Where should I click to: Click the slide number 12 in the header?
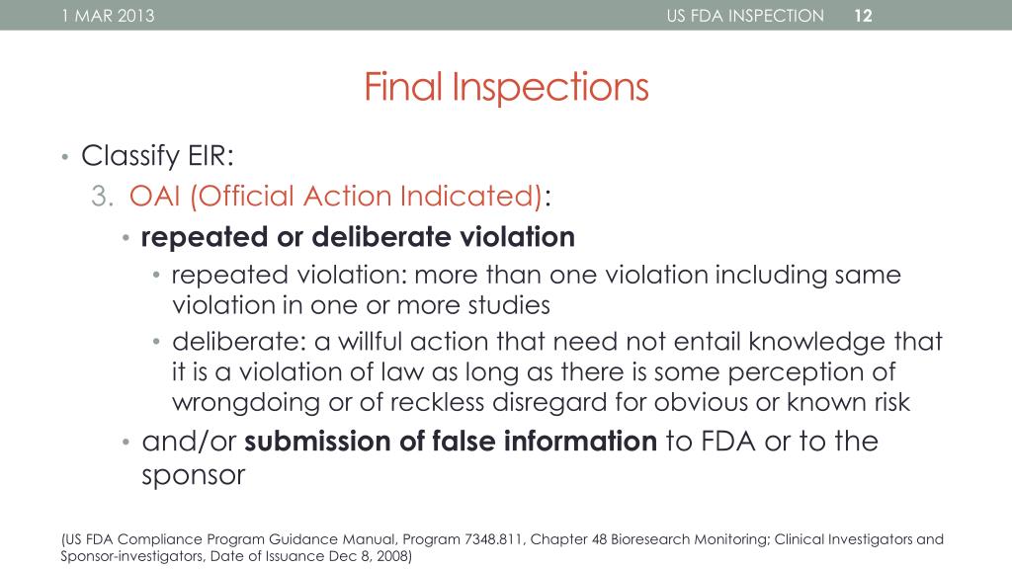click(863, 15)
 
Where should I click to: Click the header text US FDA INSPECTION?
click(745, 15)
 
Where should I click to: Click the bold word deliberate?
click(381, 238)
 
